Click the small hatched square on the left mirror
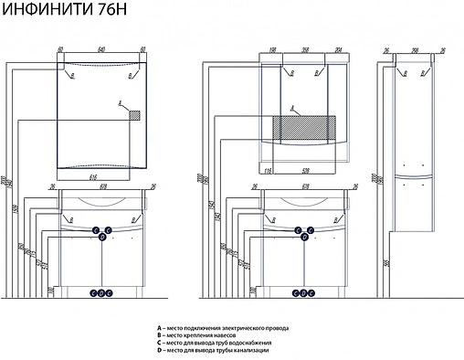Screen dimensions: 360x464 [134, 115]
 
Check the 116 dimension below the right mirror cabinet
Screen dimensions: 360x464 [268, 170]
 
